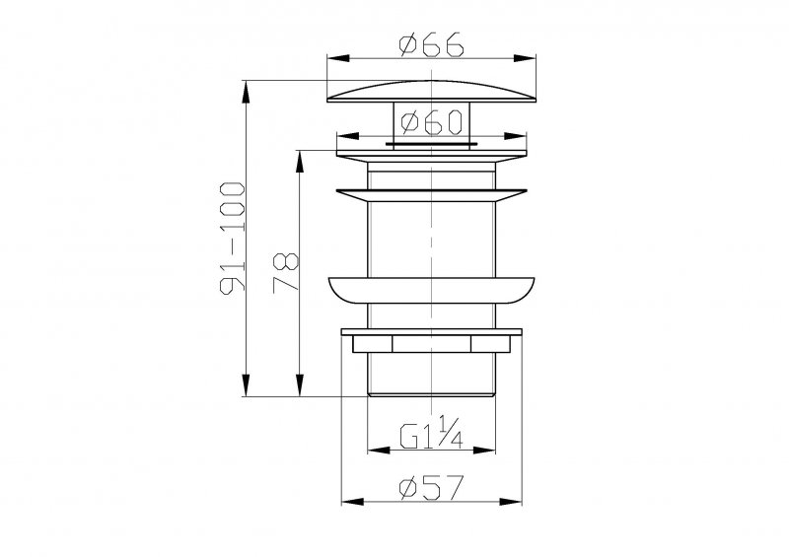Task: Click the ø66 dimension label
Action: (x=431, y=43)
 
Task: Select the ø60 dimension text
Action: (x=431, y=122)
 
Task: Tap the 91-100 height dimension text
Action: (x=233, y=238)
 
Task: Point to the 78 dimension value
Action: (x=286, y=273)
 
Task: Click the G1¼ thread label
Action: (x=431, y=432)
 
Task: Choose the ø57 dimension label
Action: (x=431, y=488)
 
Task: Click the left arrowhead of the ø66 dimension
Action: (x=338, y=58)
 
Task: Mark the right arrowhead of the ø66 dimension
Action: (x=525, y=58)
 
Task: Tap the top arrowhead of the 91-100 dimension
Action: (x=246, y=92)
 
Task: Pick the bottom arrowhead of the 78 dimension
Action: (x=300, y=384)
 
